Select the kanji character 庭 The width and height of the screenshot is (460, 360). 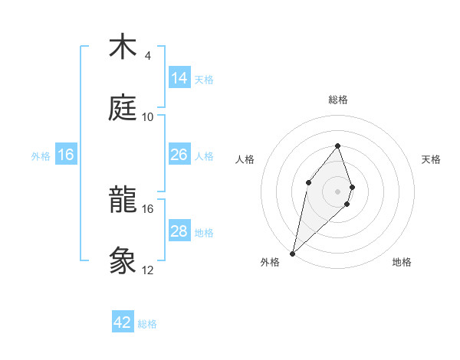tap(123, 108)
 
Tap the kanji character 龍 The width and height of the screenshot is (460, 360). tap(123, 200)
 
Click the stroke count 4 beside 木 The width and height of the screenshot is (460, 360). tap(147, 56)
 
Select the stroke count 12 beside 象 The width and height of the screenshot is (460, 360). tap(147, 270)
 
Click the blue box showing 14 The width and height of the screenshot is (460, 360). tap(179, 77)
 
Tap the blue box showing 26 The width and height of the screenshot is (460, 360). tap(179, 155)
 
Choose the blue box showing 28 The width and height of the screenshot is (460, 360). tap(179, 231)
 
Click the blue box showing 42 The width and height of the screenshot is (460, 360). tap(123, 322)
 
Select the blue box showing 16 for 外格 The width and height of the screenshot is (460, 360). tap(66, 155)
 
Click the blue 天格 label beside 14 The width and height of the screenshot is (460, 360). tap(204, 79)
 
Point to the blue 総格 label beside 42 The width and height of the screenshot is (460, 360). tap(147, 324)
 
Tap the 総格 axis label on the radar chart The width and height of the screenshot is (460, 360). tap(337, 100)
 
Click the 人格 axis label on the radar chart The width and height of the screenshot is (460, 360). tap(245, 159)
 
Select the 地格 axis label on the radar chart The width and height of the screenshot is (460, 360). tap(402, 262)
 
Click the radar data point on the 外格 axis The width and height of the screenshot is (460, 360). tap(293, 253)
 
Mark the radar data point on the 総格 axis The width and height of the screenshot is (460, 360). tap(337, 146)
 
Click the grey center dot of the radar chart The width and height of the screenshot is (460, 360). tap(337, 191)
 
